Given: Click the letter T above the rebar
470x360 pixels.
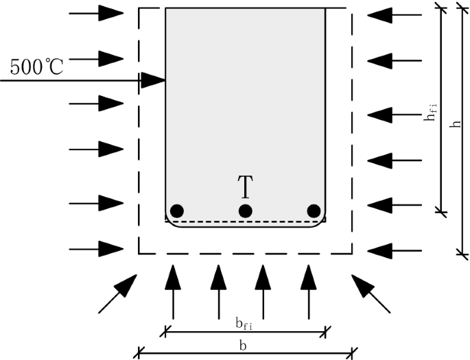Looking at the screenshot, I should (x=245, y=187).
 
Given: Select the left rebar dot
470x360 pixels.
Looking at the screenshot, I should (x=177, y=211).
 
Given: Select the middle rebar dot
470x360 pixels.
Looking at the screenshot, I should (x=245, y=211).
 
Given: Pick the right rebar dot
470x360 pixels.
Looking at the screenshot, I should (x=314, y=211).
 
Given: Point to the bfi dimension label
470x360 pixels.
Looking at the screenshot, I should (x=243, y=323).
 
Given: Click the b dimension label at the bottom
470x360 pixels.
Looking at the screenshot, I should (x=243, y=346).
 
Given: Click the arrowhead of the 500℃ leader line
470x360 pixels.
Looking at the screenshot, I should (x=155, y=80).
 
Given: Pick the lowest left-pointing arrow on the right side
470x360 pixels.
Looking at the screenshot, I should (x=395, y=248).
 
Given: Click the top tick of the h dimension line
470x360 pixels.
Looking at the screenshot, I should (x=459, y=8).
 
